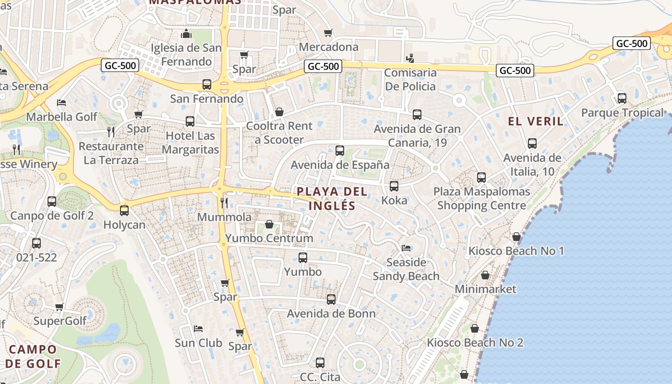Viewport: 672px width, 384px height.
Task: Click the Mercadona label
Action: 328,47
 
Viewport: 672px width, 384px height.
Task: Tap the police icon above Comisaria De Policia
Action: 410,59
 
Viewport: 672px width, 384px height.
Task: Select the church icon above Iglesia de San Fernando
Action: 186,34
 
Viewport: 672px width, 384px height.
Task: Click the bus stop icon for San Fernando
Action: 207,84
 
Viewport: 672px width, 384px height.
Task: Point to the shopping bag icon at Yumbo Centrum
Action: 269,224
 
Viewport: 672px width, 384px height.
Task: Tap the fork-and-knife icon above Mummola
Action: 224,203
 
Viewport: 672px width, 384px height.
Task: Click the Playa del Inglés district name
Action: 332,199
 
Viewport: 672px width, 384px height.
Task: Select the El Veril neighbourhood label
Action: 536,121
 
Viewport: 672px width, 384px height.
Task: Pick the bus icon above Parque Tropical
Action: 622,98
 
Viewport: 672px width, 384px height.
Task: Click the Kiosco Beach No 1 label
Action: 516,251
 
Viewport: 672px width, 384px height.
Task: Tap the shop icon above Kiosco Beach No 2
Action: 475,329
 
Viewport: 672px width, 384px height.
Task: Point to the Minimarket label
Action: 485,289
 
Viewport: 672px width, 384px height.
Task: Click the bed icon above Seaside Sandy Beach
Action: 406,248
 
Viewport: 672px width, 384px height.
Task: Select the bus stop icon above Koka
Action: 394,186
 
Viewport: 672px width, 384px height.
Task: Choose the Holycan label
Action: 124,225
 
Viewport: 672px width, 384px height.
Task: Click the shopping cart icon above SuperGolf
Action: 60,307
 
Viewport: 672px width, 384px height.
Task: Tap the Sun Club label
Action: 198,343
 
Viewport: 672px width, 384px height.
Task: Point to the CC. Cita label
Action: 320,377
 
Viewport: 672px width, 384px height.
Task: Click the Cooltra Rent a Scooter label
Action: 279,133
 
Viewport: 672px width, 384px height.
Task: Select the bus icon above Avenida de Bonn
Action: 331,300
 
